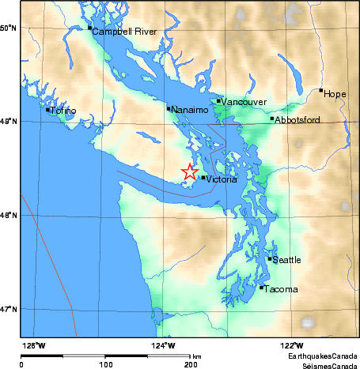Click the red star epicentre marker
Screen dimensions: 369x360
click(x=190, y=171)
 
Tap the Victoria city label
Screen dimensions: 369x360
click(x=221, y=180)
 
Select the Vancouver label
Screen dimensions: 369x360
click(x=244, y=103)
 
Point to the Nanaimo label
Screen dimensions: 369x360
click(x=190, y=110)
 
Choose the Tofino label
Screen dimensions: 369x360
click(x=64, y=111)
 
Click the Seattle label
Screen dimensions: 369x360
click(x=287, y=260)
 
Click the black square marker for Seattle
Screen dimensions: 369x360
click(x=270, y=258)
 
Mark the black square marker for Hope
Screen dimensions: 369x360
click(x=320, y=90)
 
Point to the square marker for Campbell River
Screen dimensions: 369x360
click(x=89, y=28)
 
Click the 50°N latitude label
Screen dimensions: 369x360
click(x=9, y=28)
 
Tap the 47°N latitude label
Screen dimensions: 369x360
click(x=9, y=309)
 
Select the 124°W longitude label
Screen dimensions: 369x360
click(x=164, y=345)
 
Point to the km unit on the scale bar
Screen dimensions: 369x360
click(x=196, y=356)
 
